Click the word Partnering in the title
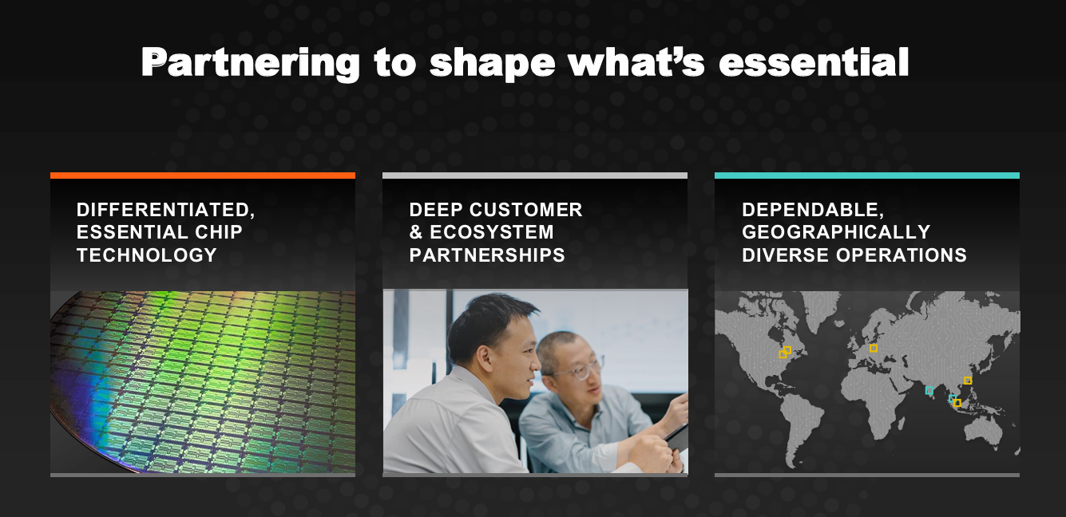250,63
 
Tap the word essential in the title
814,61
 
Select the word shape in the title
493,63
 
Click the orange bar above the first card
203,176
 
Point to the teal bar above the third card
867,176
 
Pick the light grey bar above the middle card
535,176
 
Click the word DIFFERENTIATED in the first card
163,210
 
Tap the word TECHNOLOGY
147,255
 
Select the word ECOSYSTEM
492,232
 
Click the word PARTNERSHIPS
487,255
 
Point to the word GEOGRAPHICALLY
836,232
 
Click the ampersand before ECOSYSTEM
416,232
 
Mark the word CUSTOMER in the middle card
526,210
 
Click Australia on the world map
983,430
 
